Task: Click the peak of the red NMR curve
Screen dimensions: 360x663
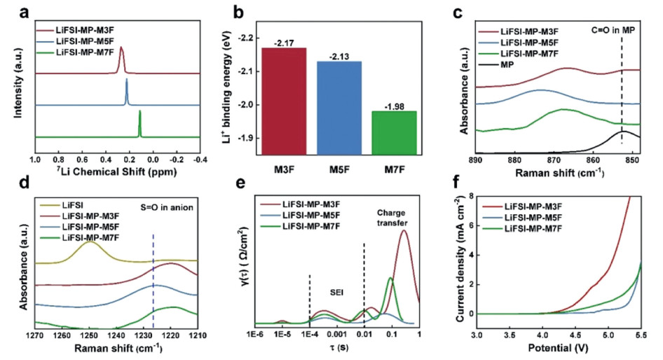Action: [121, 48]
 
